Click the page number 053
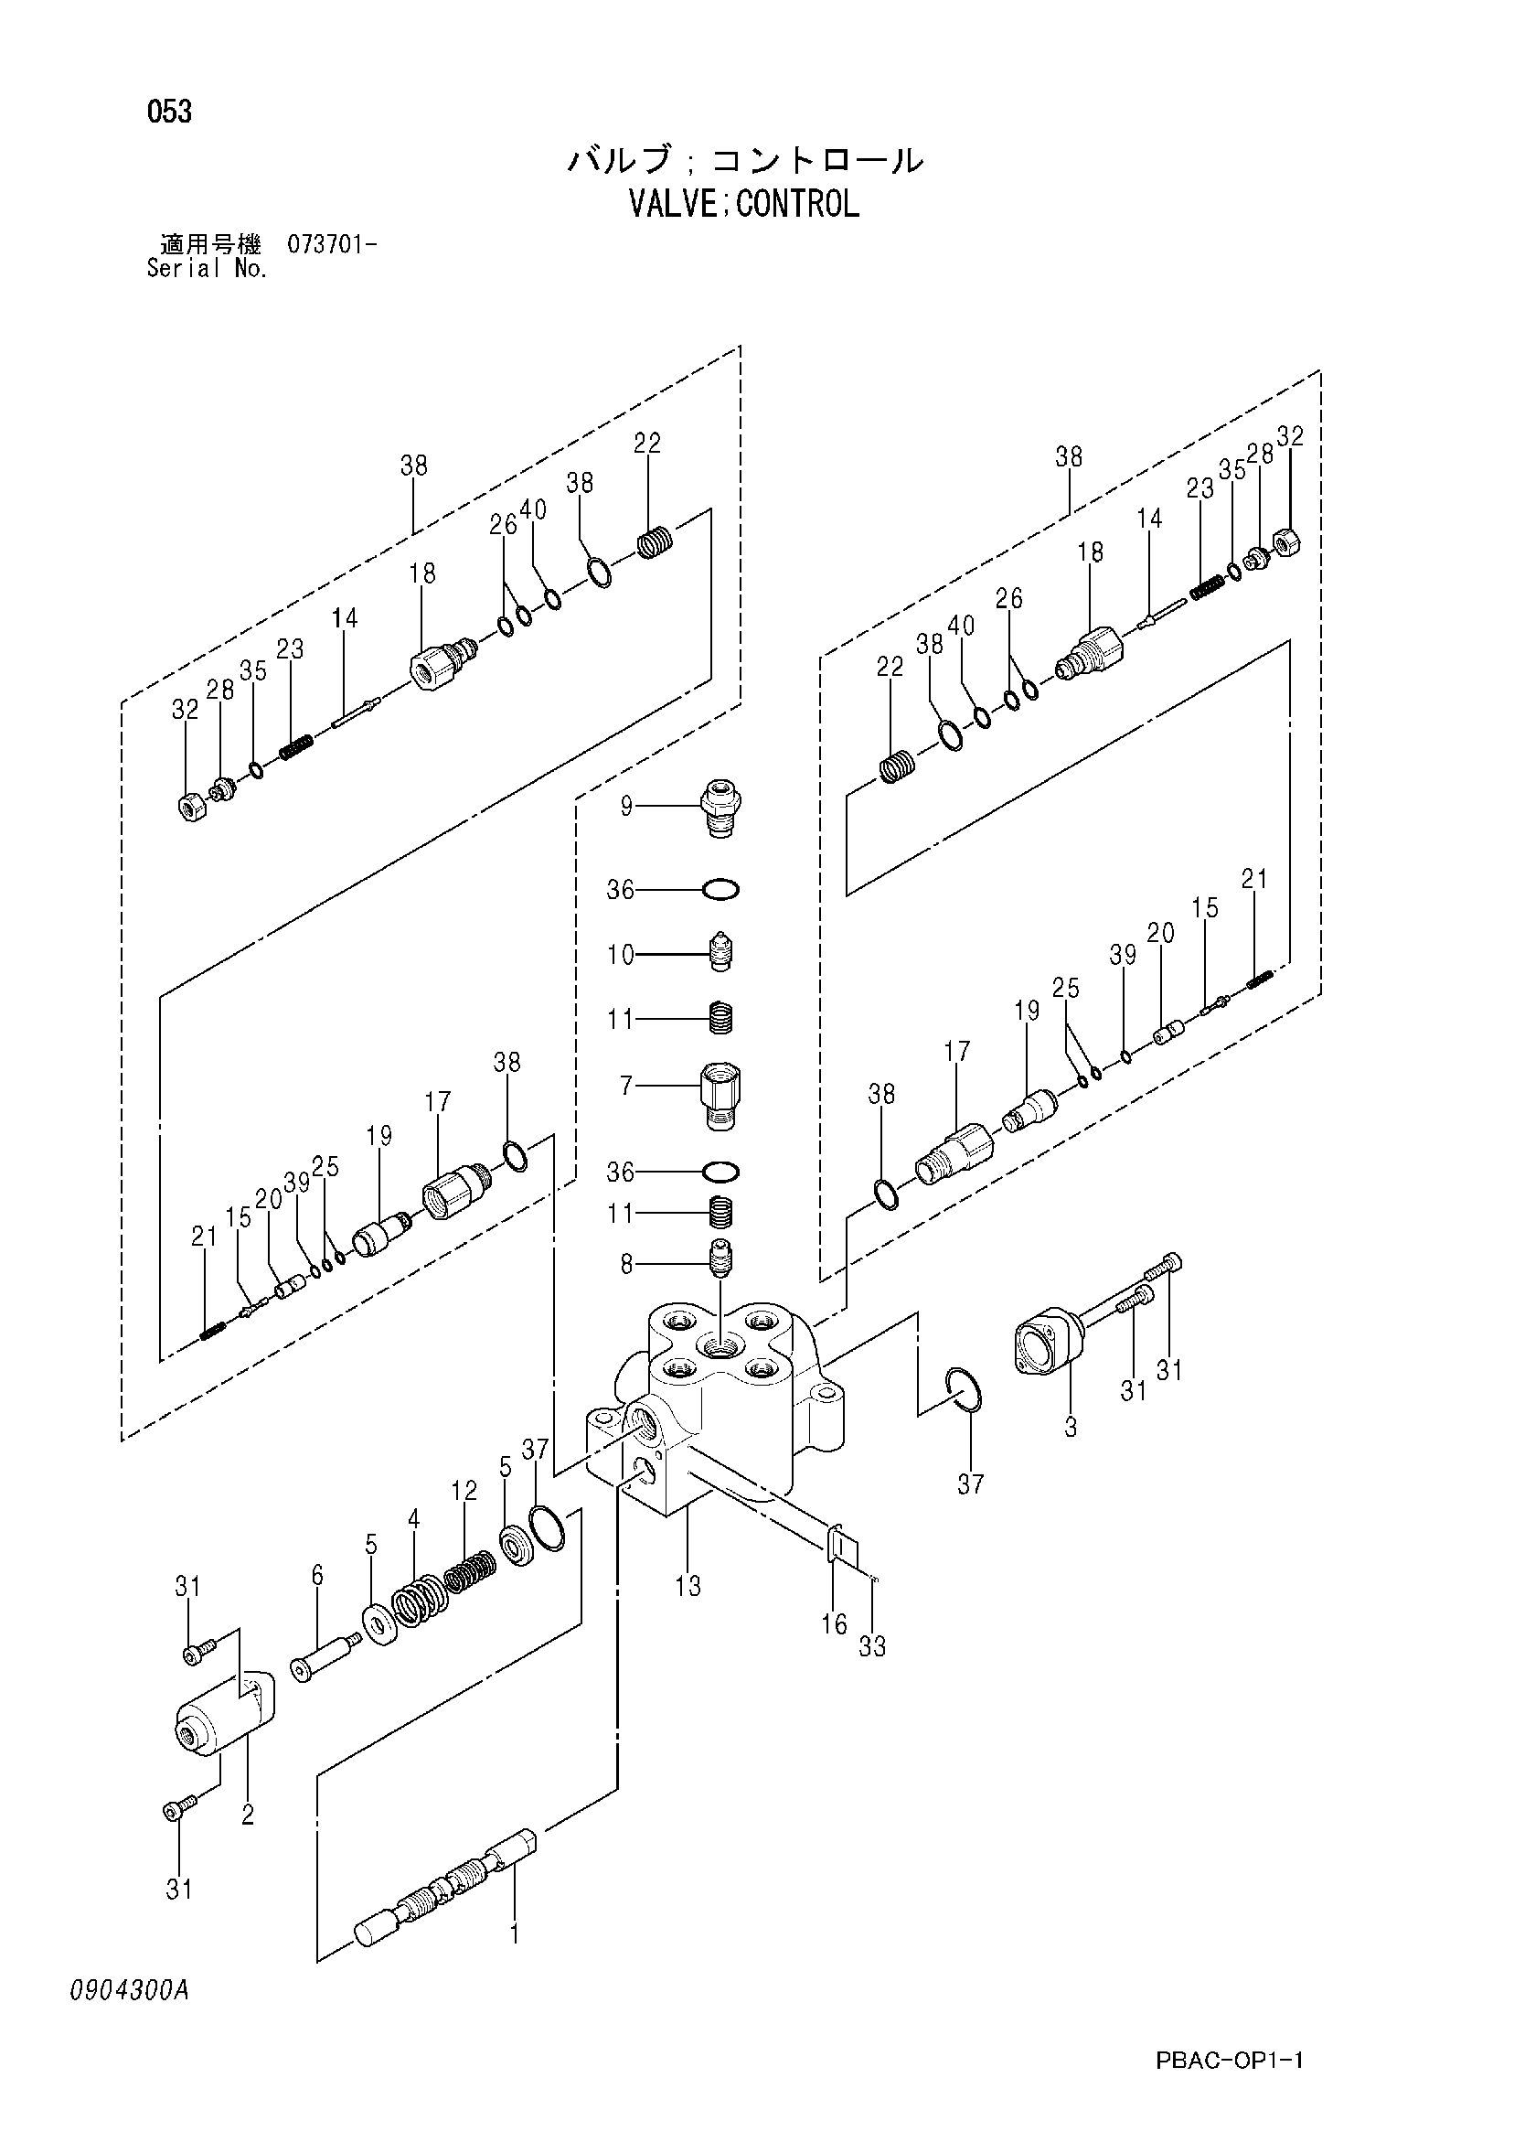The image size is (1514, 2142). (169, 112)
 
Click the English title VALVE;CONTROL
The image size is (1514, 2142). (743, 203)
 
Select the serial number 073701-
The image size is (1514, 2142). (331, 245)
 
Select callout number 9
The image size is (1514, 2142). (626, 805)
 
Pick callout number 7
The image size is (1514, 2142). (626, 1085)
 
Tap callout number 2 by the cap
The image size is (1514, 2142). (247, 1815)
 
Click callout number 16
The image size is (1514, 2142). (834, 1624)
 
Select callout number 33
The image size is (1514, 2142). (872, 1646)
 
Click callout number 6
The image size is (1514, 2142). (317, 1576)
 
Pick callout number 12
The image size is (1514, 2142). (464, 1491)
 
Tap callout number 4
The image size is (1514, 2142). (413, 1519)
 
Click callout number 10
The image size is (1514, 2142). (621, 954)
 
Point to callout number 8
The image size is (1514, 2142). (626, 1264)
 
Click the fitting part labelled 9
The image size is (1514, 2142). (721, 808)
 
